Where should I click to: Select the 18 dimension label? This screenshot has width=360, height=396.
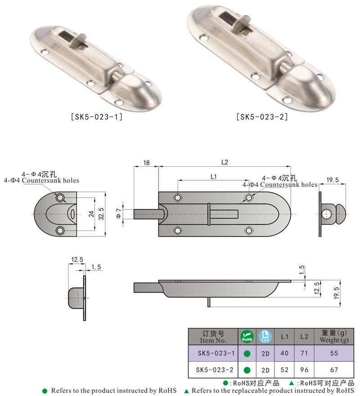click(x=146, y=163)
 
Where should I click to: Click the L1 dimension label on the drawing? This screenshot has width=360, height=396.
click(x=214, y=177)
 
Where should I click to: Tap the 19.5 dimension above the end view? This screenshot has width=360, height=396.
click(x=333, y=180)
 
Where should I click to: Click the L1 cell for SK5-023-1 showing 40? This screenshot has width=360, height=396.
click(x=284, y=354)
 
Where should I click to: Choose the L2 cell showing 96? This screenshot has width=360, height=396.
click(x=304, y=370)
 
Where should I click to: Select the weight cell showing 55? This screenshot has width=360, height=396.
click(x=333, y=354)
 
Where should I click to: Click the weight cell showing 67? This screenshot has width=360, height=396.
click(x=333, y=370)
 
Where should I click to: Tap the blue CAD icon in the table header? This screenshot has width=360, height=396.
click(x=265, y=337)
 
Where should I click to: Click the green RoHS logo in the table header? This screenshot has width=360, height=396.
click(x=247, y=337)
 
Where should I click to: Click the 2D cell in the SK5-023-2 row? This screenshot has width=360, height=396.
click(x=265, y=370)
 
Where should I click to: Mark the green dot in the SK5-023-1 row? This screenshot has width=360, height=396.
click(x=247, y=354)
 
